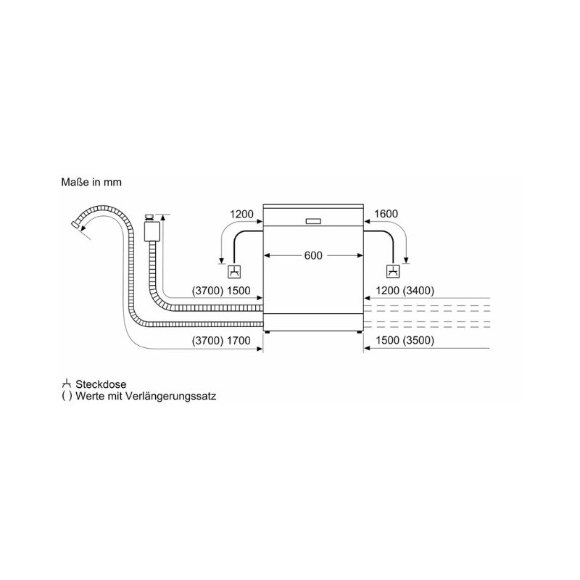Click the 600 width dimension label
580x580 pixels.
pos(313,256)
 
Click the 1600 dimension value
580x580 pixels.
pos(386,214)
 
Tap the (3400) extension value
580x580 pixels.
pos(418,291)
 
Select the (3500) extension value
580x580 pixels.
pos(418,340)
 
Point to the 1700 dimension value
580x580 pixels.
pos(239,340)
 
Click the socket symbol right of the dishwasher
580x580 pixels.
pos(393,271)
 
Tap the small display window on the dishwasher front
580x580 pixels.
pos(314,221)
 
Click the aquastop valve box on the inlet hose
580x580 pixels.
pos(152,231)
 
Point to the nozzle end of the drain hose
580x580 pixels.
pos(75,225)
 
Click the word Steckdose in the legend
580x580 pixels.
pos(101,384)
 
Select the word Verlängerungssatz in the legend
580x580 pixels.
pos(170,397)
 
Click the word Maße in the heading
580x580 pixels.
pos(75,182)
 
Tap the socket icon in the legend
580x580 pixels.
pos(66,384)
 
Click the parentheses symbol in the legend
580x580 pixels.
pos(67,396)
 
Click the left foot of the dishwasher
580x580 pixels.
pos(268,333)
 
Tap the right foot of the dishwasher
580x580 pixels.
pos(359,333)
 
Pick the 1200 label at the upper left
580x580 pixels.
pos(241,214)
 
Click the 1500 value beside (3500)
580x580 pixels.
pos(387,340)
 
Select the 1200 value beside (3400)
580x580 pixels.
pos(387,291)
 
